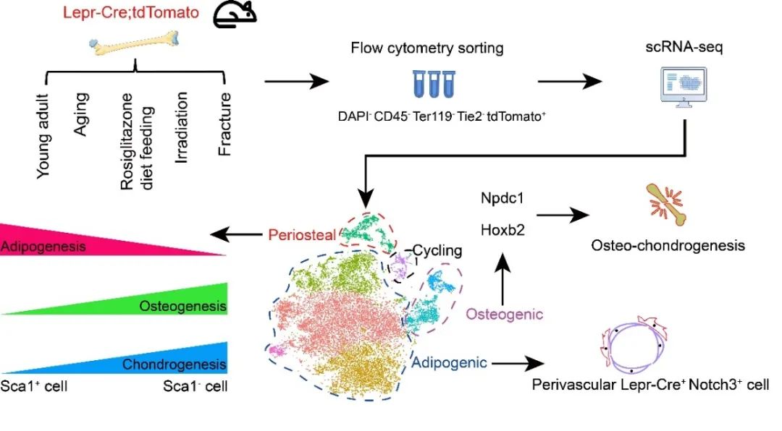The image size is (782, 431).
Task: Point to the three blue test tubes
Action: [x=433, y=83]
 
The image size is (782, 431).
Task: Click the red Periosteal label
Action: [x=300, y=235]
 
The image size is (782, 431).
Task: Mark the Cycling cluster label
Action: [x=437, y=251]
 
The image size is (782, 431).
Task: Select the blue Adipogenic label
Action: [x=451, y=361]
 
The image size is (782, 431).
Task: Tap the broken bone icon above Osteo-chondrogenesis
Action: [x=665, y=204]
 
